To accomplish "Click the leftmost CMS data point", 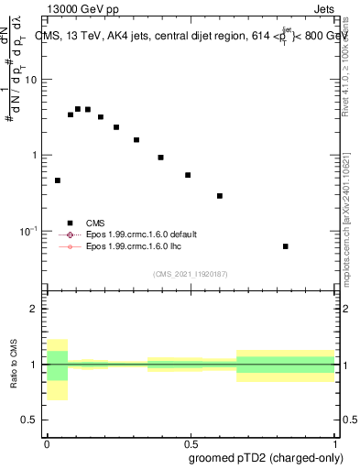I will coord(58,180).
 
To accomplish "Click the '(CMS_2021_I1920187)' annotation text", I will coord(191,274).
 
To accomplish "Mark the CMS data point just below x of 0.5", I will coord(188,175).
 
